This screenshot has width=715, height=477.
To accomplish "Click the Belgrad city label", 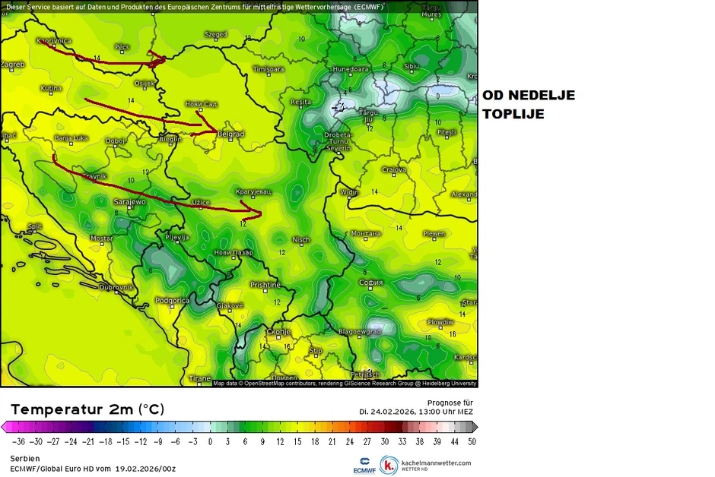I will coord(230,134).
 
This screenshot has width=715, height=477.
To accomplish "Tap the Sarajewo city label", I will coord(129,202).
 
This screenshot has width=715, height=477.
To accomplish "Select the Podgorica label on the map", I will coord(172,301).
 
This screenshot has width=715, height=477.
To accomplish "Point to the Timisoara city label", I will coord(268,69).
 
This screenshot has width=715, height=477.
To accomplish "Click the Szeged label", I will coord(216,34).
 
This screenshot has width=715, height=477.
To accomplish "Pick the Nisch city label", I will coord(301,240).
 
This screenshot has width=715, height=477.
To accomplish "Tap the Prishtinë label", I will coord(265,285).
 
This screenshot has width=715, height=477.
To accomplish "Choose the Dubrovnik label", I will coord(116,287).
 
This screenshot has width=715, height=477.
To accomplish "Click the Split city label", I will coord(34,226).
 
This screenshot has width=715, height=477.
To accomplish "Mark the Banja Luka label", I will coord(71,138).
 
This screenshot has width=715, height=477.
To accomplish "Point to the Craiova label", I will coord(393,170).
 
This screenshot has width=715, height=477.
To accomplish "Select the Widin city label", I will coord(350,192).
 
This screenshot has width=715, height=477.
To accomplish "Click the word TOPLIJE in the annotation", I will coord(513,114).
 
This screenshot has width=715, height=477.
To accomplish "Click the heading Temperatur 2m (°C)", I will coord(87,409).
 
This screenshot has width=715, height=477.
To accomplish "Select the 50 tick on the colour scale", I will coord(472,441).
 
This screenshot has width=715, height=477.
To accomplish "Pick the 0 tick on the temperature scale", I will coord(210,441).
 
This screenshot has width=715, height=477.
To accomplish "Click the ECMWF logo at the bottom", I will coord(365,464).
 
